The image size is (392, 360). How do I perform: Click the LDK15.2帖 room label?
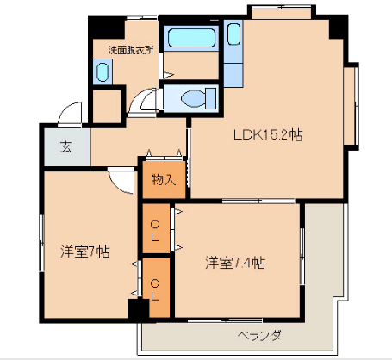(x=268, y=134)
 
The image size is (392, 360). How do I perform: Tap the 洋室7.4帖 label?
(x=235, y=263)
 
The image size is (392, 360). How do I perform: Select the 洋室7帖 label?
(x=85, y=251)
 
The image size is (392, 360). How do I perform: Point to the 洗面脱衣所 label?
(x=131, y=50)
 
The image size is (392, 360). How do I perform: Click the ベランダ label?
(x=259, y=335)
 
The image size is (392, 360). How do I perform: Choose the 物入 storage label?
(x=164, y=180)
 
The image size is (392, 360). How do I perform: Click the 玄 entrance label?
(x=66, y=147)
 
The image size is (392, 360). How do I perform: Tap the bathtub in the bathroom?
(x=191, y=38)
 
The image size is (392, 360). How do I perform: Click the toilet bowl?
(x=194, y=98)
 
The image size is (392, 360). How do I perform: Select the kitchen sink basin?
(x=233, y=34)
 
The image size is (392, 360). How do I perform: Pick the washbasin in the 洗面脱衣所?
(x=103, y=72)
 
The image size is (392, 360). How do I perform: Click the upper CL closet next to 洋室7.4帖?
(x=156, y=228)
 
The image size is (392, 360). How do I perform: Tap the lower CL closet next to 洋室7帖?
(x=156, y=288)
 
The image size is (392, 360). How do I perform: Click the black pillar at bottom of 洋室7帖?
(x=138, y=308)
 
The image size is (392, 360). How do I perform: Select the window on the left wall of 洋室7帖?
(x=41, y=243)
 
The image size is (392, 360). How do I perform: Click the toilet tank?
(x=211, y=98)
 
